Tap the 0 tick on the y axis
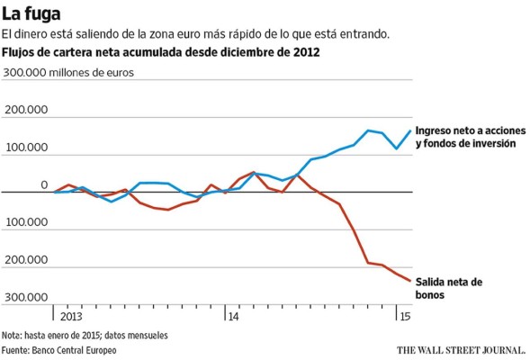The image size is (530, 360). click(43, 184)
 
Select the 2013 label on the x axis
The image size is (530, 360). click(71, 317)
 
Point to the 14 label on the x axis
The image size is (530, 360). click(232, 317)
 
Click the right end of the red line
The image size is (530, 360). click(410, 281)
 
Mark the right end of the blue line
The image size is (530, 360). click(410, 130)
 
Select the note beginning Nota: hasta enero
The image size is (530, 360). click(85, 336)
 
